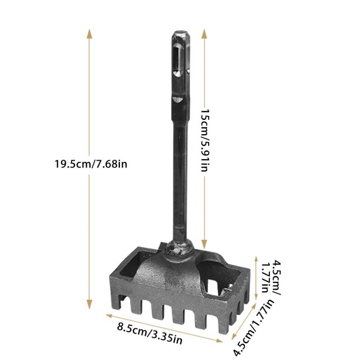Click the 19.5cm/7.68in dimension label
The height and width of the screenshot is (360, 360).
[91, 164]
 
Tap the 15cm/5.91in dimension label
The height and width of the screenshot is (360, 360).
[205, 140]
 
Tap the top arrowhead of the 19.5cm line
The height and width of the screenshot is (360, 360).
[89, 34]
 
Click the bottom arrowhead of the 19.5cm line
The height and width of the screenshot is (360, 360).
[89, 304]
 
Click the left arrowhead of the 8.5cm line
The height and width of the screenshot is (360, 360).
[109, 316]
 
